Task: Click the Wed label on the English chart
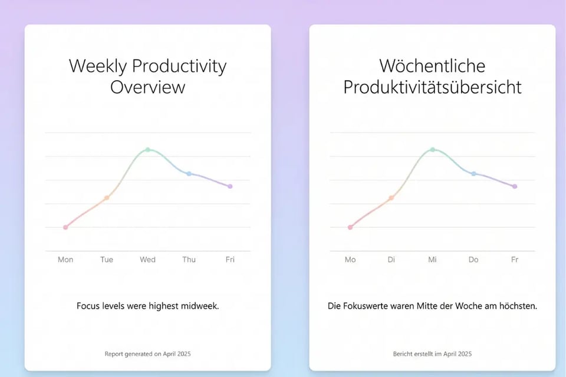(x=147, y=259)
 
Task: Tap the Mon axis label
(x=65, y=259)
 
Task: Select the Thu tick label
(x=189, y=259)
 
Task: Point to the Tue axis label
(x=107, y=259)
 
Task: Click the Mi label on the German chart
(x=432, y=259)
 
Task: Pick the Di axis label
(x=391, y=259)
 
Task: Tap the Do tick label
(x=473, y=259)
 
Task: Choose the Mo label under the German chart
(x=350, y=259)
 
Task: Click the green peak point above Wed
(x=147, y=150)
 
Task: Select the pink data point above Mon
(x=65, y=227)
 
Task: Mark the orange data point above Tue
(x=107, y=198)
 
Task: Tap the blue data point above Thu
(x=189, y=174)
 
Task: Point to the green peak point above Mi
(x=432, y=150)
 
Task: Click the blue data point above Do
(x=473, y=174)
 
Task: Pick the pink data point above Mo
(x=350, y=227)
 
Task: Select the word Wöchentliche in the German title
(x=432, y=66)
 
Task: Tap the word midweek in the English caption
(x=198, y=306)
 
